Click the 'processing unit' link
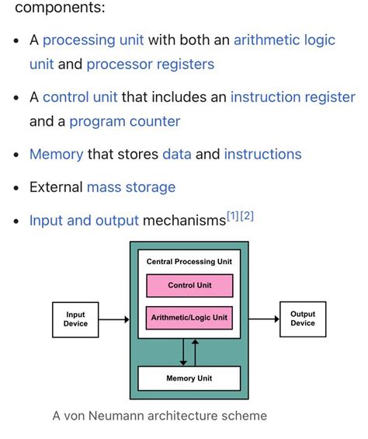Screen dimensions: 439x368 click(93, 40)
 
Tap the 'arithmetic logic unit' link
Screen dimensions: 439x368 click(284, 40)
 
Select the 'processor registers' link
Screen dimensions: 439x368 click(150, 64)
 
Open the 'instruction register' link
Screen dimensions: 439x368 click(292, 97)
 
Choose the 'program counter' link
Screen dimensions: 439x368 click(124, 121)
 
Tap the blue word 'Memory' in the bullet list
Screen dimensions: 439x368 click(56, 154)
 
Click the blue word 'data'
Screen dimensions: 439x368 click(176, 154)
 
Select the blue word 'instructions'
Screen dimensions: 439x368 click(262, 154)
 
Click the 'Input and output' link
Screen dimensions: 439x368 click(84, 221)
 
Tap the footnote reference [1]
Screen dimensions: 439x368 click(233, 216)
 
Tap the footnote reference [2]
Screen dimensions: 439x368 click(247, 216)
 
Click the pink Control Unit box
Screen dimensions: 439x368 click(189, 285)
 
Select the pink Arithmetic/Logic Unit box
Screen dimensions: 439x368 click(189, 318)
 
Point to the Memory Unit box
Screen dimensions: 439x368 click(189, 378)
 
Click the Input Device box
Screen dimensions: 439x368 click(75, 319)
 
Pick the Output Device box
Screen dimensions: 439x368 click(303, 319)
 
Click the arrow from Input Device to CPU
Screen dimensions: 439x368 click(114, 319)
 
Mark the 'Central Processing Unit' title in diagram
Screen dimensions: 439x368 click(189, 262)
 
